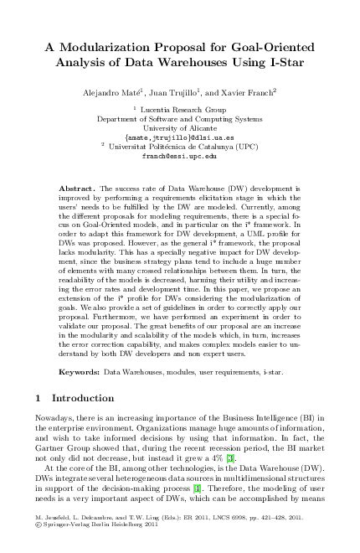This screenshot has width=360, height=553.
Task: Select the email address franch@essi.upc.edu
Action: (x=180, y=156)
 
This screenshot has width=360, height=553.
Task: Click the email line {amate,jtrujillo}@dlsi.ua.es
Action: (x=180, y=137)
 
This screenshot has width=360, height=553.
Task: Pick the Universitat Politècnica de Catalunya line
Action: (x=183, y=147)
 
